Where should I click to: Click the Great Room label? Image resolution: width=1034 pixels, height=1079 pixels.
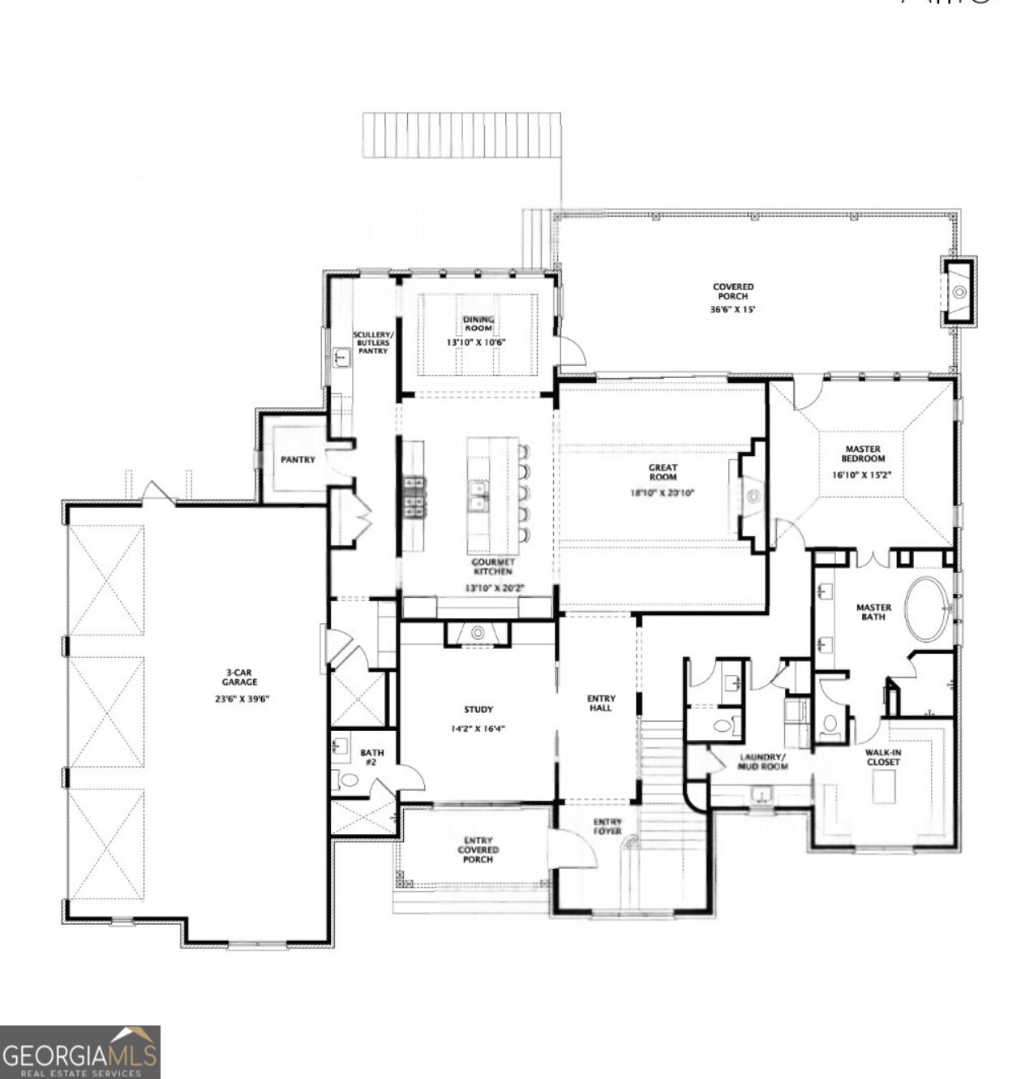(662, 472)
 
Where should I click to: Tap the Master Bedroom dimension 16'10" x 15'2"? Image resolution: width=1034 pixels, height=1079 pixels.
(861, 475)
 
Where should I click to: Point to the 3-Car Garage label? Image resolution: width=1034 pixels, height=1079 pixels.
(240, 677)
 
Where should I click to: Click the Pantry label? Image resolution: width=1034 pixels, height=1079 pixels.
(298, 460)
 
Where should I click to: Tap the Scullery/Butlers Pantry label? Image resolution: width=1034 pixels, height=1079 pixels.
(372, 342)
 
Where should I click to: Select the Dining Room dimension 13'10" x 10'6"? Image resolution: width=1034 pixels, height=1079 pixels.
(476, 342)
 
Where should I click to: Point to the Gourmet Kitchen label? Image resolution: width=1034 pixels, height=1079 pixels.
(493, 566)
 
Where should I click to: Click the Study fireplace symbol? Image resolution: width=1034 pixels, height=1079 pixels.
(478, 632)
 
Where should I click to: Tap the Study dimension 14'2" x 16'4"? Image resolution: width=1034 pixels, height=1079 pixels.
(478, 729)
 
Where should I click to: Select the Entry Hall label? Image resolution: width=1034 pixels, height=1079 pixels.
(601, 703)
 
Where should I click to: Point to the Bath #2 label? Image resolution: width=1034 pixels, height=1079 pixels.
(371, 757)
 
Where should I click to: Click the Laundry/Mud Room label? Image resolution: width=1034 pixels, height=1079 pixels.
(762, 761)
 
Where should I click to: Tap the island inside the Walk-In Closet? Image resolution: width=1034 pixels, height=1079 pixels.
(883, 785)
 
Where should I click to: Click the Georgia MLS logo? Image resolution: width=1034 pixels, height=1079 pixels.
(79, 1051)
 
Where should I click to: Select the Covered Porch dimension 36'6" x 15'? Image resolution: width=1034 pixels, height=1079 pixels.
(733, 309)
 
